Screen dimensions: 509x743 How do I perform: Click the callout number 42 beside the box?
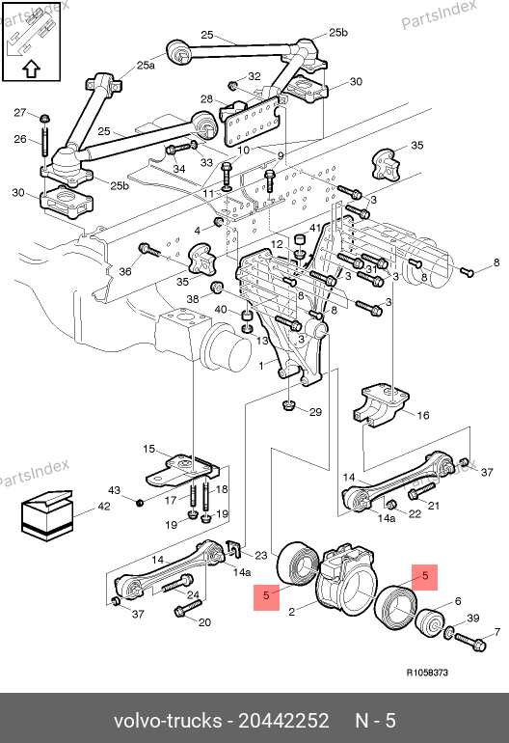click(x=104, y=506)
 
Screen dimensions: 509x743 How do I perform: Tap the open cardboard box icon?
click(x=47, y=516)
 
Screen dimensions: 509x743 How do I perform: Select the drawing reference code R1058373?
click(x=427, y=673)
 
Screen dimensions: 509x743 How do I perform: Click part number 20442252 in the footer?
click(x=283, y=721)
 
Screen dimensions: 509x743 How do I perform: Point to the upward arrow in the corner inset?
click(x=31, y=69)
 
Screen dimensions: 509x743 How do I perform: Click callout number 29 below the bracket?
click(x=315, y=412)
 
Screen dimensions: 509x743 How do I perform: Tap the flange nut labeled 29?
click(x=288, y=405)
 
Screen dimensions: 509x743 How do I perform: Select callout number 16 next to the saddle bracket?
click(x=423, y=416)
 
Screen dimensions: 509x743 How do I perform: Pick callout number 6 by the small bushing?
click(x=458, y=601)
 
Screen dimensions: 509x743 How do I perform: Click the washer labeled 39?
click(x=448, y=631)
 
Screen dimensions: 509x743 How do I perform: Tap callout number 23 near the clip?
click(x=261, y=555)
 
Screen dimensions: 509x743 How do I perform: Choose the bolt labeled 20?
click(x=188, y=609)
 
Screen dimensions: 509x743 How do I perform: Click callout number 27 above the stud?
click(x=20, y=112)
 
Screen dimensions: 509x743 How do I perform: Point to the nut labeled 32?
click(x=233, y=86)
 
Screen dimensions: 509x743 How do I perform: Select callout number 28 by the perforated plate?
click(x=206, y=99)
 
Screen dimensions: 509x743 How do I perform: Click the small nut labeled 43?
click(x=140, y=502)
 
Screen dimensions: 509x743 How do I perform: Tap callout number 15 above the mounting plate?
click(x=148, y=449)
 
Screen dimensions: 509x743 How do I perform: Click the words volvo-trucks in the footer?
click(x=168, y=721)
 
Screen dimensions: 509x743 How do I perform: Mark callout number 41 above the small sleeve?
click(x=315, y=229)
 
